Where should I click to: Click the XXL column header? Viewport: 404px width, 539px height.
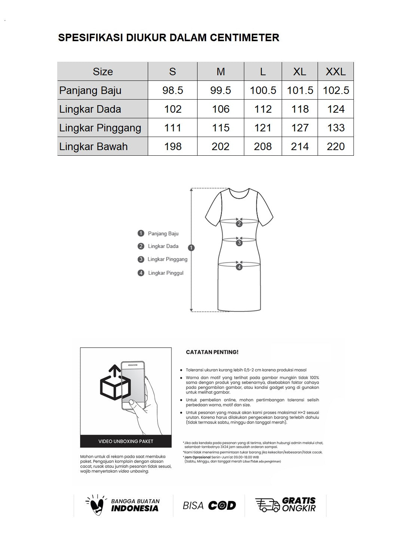click(x=336, y=71)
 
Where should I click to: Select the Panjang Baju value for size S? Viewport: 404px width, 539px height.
click(x=172, y=90)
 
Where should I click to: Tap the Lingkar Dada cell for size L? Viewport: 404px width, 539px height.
click(x=263, y=109)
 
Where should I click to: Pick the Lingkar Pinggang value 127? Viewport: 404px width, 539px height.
click(x=300, y=128)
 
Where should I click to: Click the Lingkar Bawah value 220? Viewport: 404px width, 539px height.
click(x=336, y=146)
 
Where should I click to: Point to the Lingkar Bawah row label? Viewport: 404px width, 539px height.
click(x=94, y=146)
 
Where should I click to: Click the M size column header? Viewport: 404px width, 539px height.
click(x=221, y=71)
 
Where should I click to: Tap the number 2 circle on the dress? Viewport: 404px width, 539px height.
click(x=239, y=224)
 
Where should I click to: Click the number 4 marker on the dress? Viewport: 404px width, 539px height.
click(x=239, y=267)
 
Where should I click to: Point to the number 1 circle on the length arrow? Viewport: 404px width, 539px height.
click(x=192, y=248)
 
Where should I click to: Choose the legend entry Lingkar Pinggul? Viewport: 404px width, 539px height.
click(x=165, y=273)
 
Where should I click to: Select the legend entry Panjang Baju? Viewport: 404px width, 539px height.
click(x=163, y=234)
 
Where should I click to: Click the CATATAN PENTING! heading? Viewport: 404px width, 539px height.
click(x=212, y=352)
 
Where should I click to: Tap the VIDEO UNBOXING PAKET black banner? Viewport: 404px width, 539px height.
click(x=126, y=441)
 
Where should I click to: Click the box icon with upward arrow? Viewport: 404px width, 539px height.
click(x=115, y=384)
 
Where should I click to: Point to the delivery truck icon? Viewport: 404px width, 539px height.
click(x=267, y=505)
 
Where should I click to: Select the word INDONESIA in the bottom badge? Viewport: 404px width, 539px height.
click(x=135, y=508)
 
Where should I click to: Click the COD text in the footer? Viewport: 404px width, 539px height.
click(x=222, y=506)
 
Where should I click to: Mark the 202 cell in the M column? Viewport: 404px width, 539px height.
click(x=221, y=146)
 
